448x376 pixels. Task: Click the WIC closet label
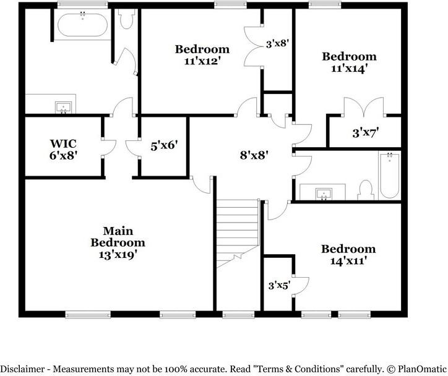(63, 143)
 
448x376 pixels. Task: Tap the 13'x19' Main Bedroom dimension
(118, 255)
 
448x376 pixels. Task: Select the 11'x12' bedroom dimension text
(202, 61)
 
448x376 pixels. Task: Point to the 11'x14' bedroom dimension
(349, 69)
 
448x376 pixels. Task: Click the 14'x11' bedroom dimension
(348, 261)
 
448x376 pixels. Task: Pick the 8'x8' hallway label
(254, 155)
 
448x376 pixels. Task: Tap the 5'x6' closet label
(164, 145)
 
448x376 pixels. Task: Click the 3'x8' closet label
(277, 44)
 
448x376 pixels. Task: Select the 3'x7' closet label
(366, 133)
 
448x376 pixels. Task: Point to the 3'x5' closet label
(280, 285)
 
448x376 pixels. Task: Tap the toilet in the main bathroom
(127, 19)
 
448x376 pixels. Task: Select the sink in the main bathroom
(64, 108)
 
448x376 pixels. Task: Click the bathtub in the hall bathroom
(389, 176)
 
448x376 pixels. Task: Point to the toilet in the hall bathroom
(366, 190)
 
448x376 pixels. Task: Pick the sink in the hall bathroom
(324, 194)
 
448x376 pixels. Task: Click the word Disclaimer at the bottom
(22, 369)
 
